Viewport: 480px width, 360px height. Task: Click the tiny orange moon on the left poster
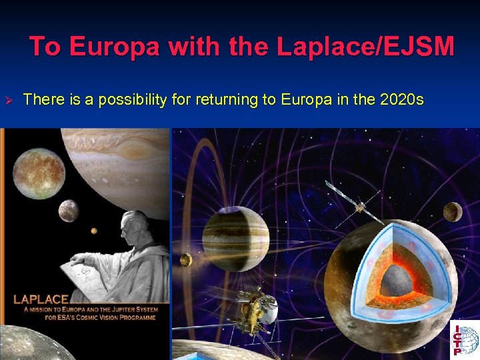tap(94, 231)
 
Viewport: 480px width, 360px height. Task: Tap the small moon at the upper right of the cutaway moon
tap(453, 211)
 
